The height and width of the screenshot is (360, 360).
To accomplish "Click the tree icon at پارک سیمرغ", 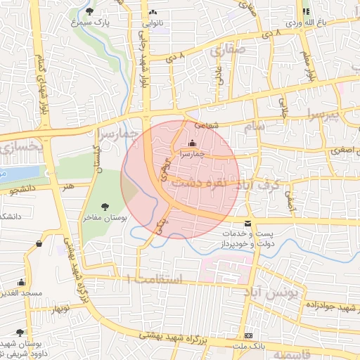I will [89, 11].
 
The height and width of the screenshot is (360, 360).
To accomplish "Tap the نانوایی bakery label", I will [153, 22].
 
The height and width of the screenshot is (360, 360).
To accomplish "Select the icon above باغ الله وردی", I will [306, 11].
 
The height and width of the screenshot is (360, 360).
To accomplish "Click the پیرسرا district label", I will [336, 115].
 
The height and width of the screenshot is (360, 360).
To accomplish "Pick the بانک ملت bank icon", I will [248, 336].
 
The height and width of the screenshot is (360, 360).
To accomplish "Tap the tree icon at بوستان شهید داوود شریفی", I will [20, 332].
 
